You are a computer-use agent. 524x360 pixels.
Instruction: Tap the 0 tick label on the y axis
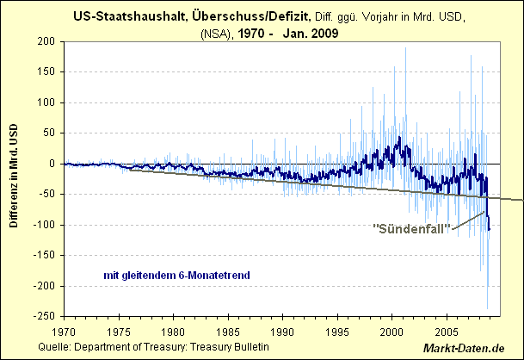click(51, 164)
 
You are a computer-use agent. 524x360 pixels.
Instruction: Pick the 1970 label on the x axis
click(64, 331)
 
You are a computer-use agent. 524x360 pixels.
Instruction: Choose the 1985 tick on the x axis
click(228, 331)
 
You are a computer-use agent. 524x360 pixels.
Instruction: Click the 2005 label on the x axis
click(447, 331)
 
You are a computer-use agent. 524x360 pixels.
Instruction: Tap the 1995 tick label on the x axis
click(337, 331)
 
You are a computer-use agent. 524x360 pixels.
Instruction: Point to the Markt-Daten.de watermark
click(477, 349)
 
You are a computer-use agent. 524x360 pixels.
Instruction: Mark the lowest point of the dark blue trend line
click(489, 229)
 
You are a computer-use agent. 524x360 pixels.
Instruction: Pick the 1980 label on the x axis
click(173, 331)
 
